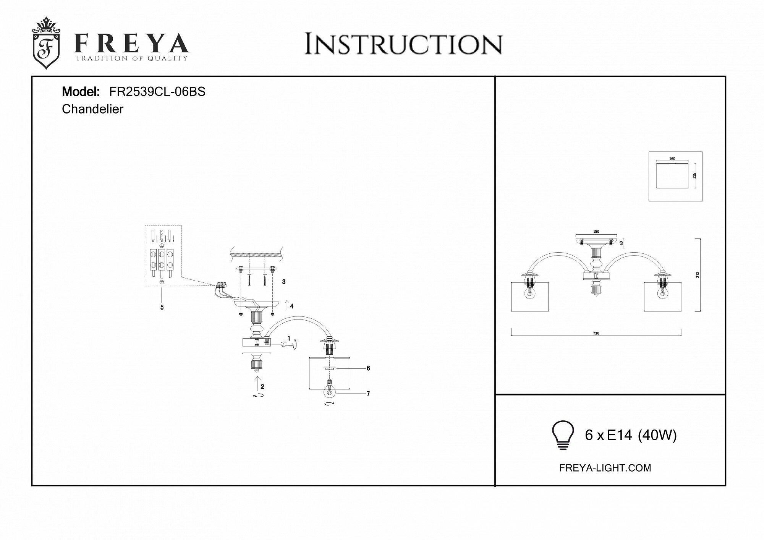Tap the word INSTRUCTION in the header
tap(403, 45)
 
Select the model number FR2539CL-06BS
tap(157, 92)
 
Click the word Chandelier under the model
tap(92, 109)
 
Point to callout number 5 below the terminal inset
tap(162, 307)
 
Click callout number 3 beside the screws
tap(283, 282)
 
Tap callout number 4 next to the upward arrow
tap(291, 306)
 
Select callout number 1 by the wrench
tap(289, 338)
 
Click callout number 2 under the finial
tap(262, 387)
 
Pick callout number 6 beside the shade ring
tap(368, 368)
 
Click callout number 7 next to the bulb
tap(368, 394)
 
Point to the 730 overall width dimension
tap(596, 333)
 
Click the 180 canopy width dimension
tap(596, 232)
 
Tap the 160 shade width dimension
tap(672, 159)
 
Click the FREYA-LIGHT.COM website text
tap(605, 468)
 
